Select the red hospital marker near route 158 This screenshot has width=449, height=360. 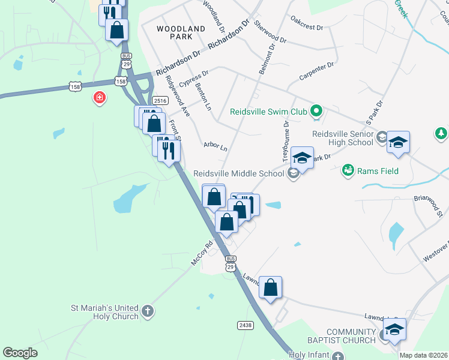[99, 97]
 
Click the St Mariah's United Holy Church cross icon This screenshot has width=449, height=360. [148, 312]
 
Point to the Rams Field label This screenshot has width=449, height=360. [378, 172]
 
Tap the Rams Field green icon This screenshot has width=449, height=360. [347, 171]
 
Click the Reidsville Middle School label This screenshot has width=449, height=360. [238, 174]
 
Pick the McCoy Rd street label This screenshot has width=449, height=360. [202, 253]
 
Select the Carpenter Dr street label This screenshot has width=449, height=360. [316, 71]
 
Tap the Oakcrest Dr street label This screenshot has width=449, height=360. [307, 27]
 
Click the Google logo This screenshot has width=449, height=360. [20, 353]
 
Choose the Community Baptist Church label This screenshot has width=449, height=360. [351, 337]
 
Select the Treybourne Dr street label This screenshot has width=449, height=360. [286, 136]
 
